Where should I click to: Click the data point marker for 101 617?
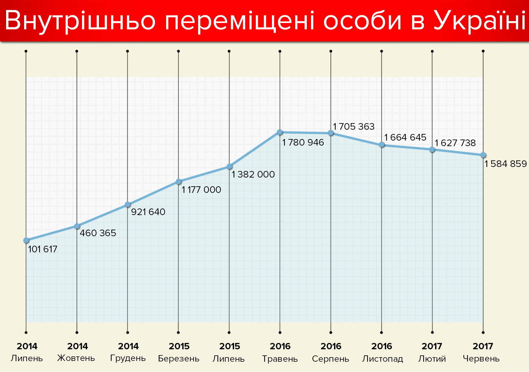[26, 240]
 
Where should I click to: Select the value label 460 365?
[98, 233]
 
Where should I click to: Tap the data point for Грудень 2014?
[127, 204]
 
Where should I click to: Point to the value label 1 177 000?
[201, 190]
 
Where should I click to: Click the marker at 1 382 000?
[229, 166]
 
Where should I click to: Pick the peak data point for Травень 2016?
[280, 132]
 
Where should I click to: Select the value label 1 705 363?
[354, 127]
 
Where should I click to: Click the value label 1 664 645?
[405, 137]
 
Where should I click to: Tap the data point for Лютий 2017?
[432, 150]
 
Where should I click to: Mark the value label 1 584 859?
[506, 164]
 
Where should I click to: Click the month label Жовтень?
[76, 358]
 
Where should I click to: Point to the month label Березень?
[179, 359]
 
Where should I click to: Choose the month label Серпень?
[331, 359]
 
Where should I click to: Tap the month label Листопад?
[382, 359]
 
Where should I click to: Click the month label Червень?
[481, 359]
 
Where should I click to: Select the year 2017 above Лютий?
[432, 346]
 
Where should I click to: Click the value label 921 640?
[148, 212]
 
